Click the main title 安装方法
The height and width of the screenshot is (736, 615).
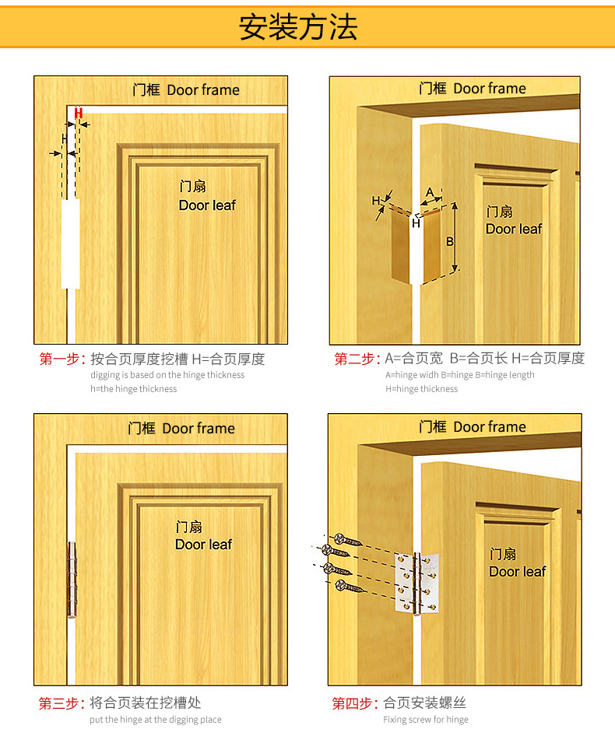[298, 27]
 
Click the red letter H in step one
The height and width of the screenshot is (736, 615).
[78, 113]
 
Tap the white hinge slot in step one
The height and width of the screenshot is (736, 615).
[71, 244]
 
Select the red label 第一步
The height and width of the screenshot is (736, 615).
[61, 359]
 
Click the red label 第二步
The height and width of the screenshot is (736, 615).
[357, 359]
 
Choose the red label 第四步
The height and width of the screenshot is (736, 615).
[355, 703]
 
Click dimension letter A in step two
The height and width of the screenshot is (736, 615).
[429, 192]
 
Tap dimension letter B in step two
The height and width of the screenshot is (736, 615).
[450, 242]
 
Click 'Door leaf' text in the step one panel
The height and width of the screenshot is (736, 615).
[207, 205]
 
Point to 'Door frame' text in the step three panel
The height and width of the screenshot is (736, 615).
[199, 428]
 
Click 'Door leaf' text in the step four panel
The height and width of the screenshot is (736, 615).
[518, 572]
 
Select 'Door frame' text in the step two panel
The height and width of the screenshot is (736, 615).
[490, 89]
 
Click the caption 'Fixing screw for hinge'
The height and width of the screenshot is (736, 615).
[425, 720]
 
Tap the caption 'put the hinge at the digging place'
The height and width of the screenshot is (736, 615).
[156, 720]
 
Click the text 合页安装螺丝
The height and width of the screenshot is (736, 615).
[424, 703]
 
